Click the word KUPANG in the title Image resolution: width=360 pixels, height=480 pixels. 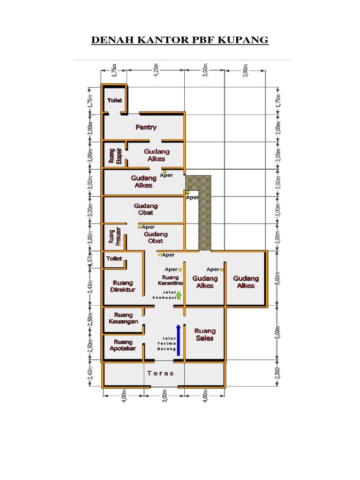click(x=243, y=40)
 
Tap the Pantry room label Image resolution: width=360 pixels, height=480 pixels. click(x=146, y=127)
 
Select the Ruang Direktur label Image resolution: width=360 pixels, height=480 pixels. click(x=123, y=286)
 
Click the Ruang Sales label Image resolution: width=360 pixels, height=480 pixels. click(x=205, y=335)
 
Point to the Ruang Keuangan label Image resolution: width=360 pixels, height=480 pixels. click(x=123, y=318)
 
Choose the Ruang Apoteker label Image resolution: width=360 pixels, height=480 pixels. click(x=123, y=345)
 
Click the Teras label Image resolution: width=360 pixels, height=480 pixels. click(x=160, y=373)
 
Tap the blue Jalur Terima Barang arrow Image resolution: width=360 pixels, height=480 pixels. click(x=178, y=340)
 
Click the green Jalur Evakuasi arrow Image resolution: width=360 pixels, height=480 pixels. click(x=179, y=295)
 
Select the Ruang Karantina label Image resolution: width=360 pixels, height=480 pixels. click(x=171, y=280)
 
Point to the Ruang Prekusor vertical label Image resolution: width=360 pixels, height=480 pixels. click(x=115, y=236)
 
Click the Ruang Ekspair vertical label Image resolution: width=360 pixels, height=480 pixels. click(x=115, y=156)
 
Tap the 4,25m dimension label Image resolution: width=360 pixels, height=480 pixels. click(x=156, y=70)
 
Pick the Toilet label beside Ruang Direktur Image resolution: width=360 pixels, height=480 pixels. click(x=114, y=259)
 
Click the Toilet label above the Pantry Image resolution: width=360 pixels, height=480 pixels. click(x=115, y=100)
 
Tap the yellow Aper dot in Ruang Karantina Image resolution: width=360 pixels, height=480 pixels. click(x=180, y=270)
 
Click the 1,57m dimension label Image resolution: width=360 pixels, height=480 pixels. click(x=90, y=259)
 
